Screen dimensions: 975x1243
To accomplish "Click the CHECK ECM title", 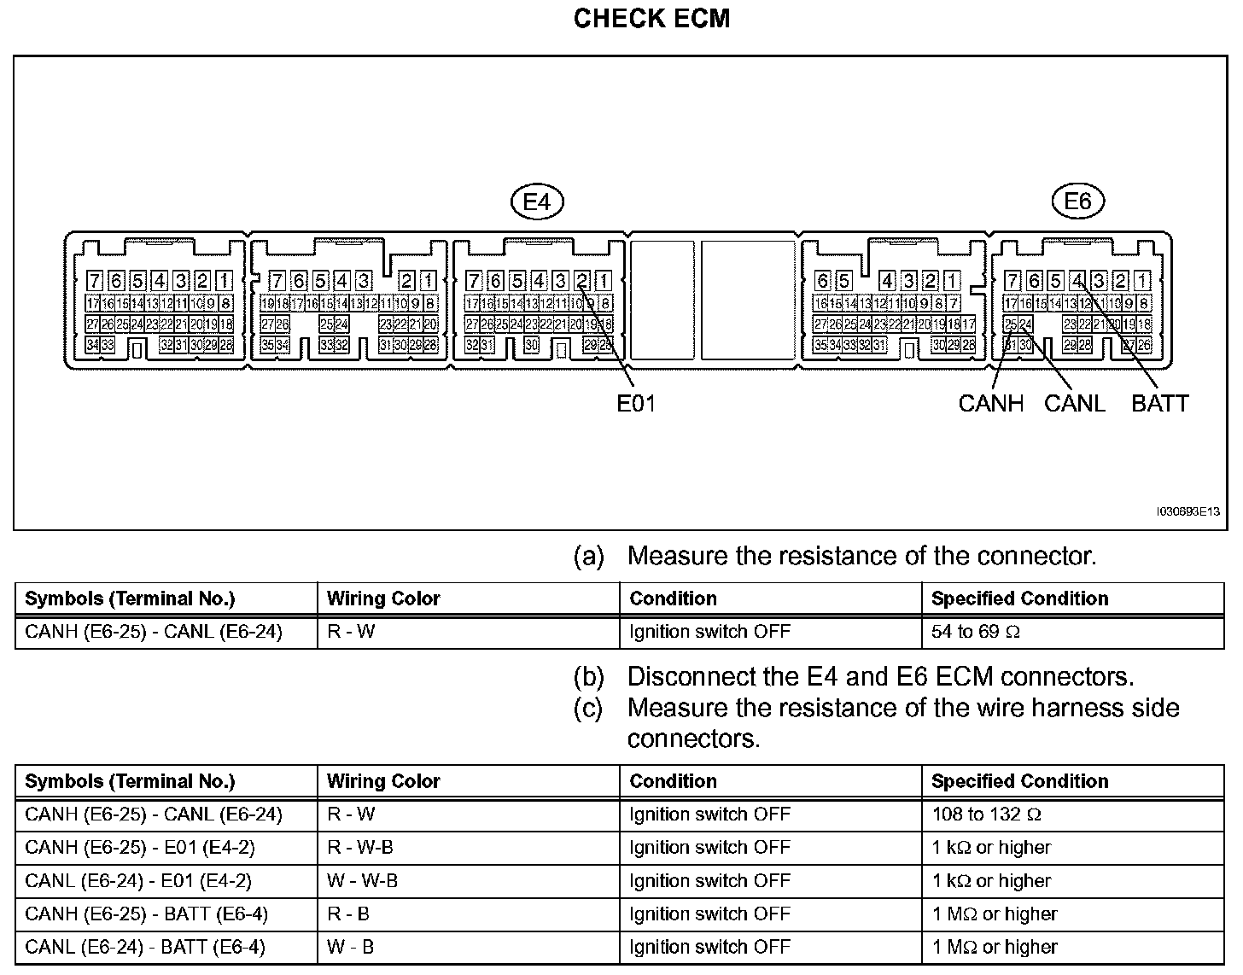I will (x=651, y=19).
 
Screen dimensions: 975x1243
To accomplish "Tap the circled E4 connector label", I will (x=537, y=201).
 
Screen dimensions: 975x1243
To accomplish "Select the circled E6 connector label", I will (x=1077, y=201).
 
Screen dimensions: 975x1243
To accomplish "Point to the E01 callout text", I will (x=636, y=403).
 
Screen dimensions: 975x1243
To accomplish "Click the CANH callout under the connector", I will (x=990, y=403).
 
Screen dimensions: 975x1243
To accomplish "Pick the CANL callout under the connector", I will (x=1074, y=403).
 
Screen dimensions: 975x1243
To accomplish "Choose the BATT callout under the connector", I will (x=1159, y=403).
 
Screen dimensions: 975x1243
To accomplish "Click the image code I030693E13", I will (x=1187, y=511).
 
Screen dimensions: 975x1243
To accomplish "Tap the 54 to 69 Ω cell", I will (x=976, y=632).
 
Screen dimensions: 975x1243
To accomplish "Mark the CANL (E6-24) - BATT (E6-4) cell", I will (x=145, y=947).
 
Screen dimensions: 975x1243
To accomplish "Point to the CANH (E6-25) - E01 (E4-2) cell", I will (x=140, y=848).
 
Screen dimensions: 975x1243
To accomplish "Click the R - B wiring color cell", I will (x=348, y=914).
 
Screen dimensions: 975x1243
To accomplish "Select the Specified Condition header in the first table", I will (x=1019, y=598).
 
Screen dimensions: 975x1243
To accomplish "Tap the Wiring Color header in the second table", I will (x=383, y=781).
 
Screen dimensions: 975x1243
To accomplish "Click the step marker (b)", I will (x=588, y=677).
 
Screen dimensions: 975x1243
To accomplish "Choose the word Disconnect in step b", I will (x=684, y=677).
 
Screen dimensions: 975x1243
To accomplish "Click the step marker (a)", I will (x=588, y=557).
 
